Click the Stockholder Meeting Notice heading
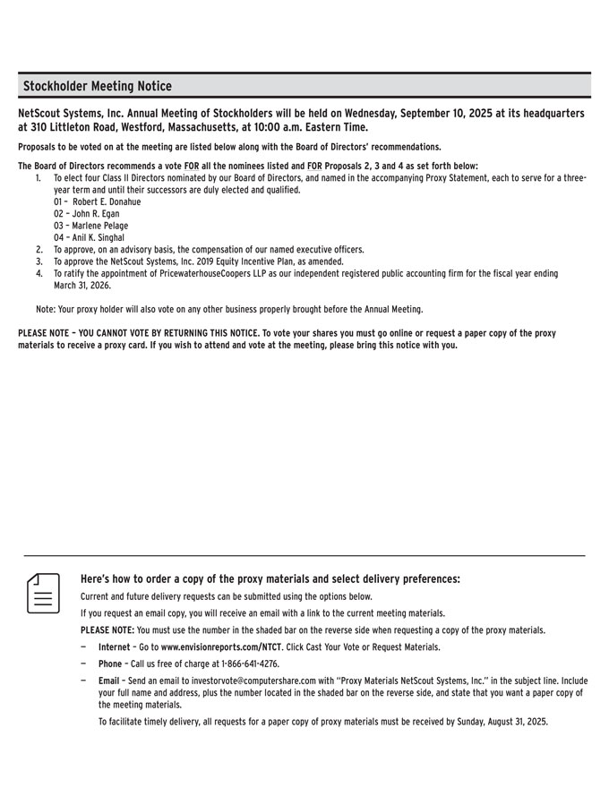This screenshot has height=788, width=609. pyautogui.click(x=98, y=86)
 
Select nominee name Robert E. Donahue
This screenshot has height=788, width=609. pyautogui.click(x=107, y=201)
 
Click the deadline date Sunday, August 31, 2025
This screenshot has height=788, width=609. pyautogui.click(x=489, y=721)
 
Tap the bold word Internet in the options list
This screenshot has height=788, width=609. pyautogui.click(x=114, y=647)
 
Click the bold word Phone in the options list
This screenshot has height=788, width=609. pyautogui.click(x=110, y=664)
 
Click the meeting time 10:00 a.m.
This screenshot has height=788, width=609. pyautogui.click(x=290, y=127)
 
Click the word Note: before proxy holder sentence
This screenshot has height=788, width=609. pyautogui.click(x=47, y=309)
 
